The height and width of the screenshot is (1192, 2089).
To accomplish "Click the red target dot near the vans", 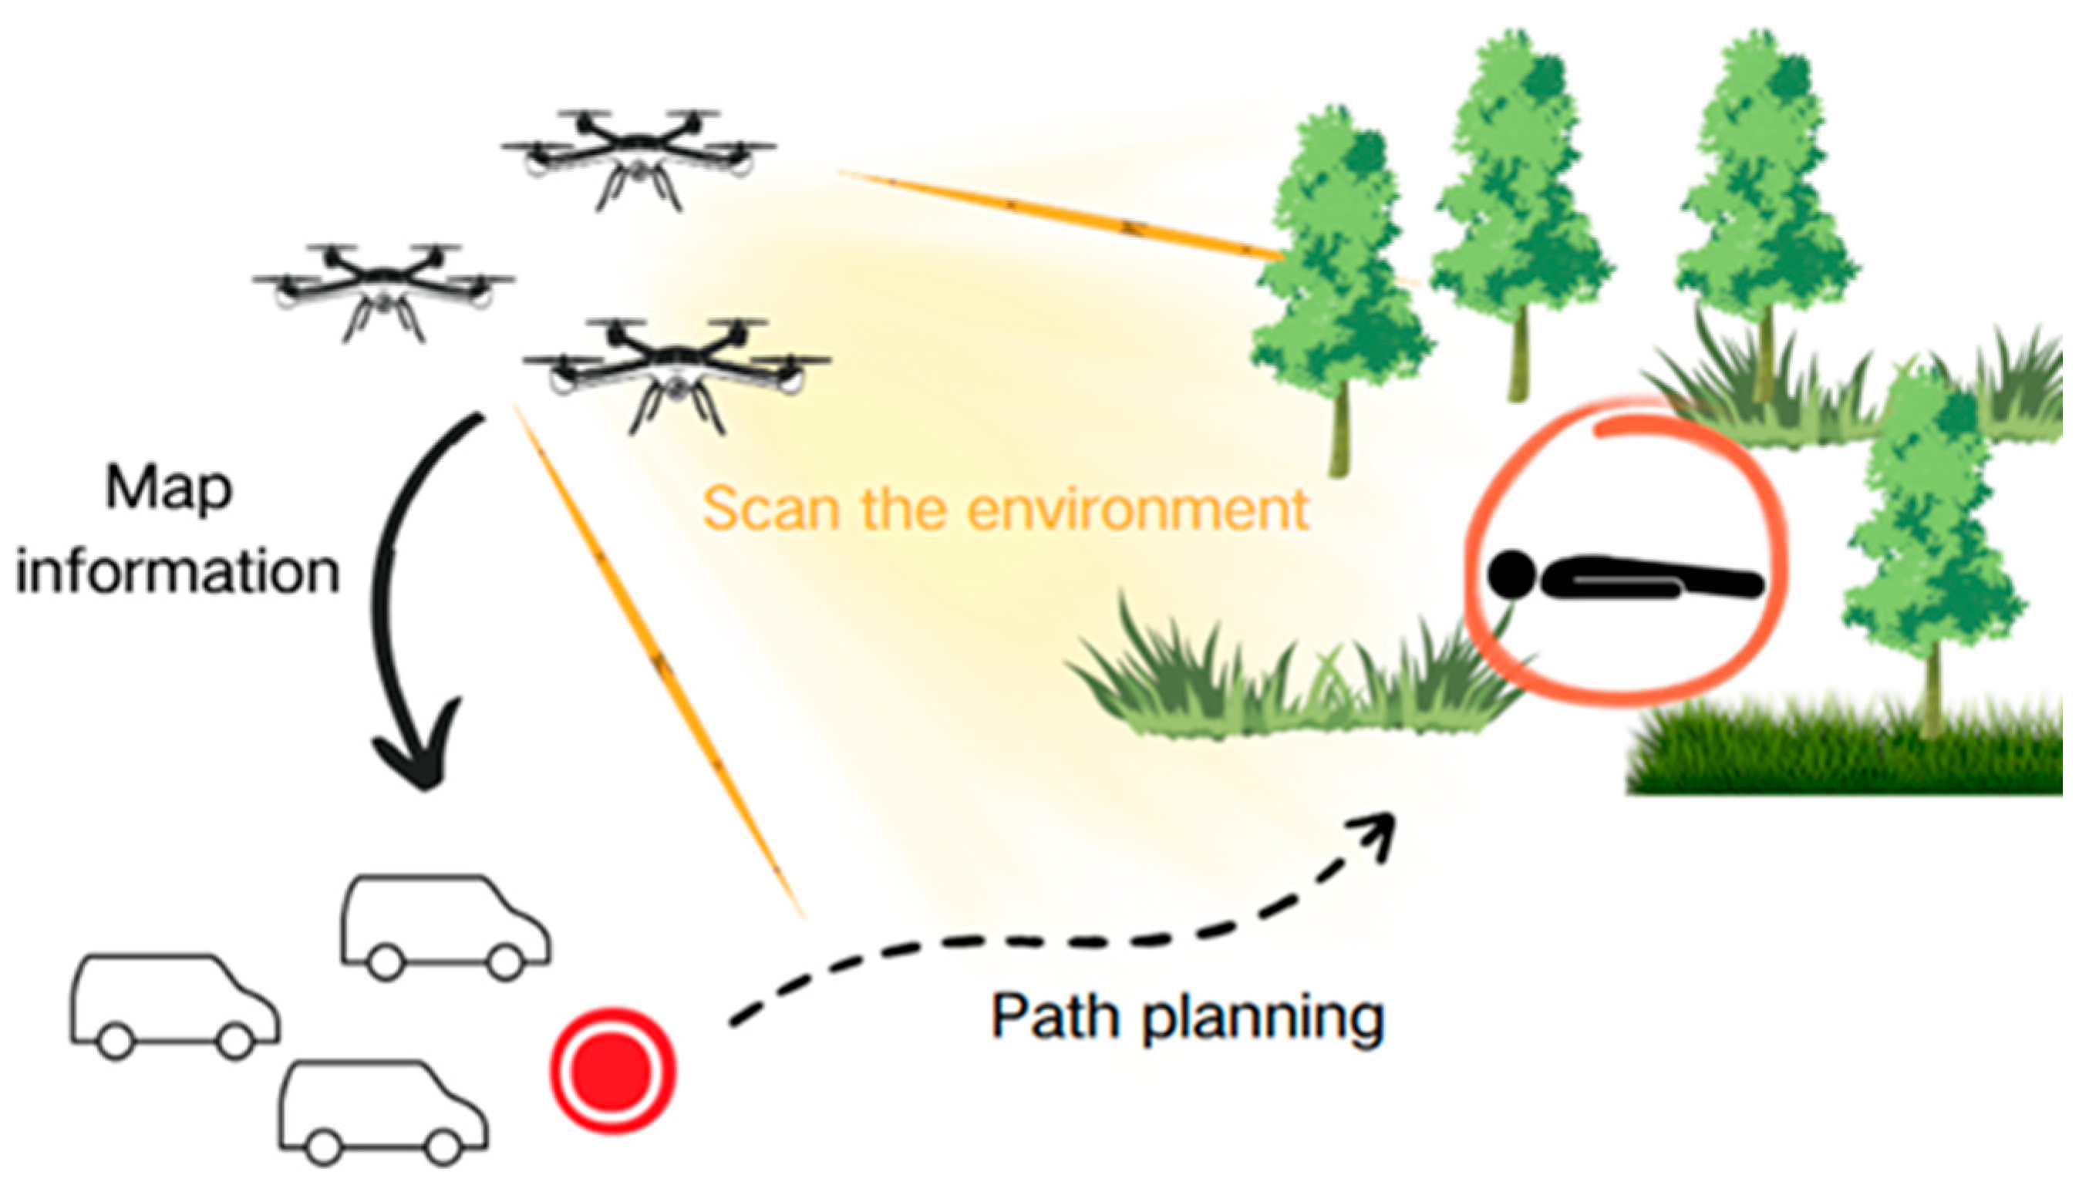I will pyautogui.click(x=613, y=1070).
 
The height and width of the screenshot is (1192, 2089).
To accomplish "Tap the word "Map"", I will pyautogui.click(x=169, y=490).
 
